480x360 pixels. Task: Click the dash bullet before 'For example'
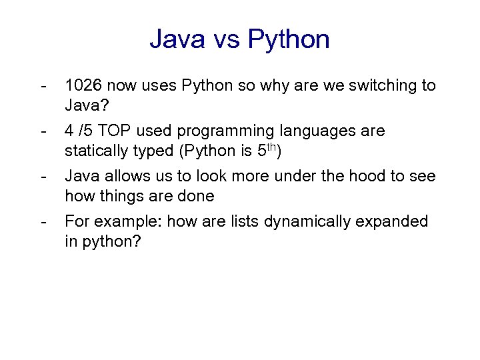pos(44,221)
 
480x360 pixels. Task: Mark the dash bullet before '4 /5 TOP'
pos(44,131)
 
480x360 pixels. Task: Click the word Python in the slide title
pos(289,39)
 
